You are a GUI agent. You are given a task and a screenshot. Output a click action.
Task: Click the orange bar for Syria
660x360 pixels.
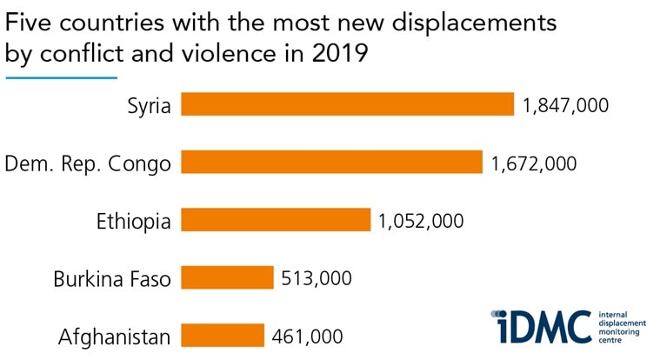point(347,105)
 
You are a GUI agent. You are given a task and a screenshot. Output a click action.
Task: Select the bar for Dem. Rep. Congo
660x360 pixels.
point(331,163)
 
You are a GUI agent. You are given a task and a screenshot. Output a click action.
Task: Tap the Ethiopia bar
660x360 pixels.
point(276,220)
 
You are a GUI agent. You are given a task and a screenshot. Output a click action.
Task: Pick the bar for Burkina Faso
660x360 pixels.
point(227,278)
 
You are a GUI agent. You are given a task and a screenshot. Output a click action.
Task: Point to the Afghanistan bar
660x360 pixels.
point(222,336)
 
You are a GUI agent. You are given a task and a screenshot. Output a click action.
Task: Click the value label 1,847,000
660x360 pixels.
point(564,105)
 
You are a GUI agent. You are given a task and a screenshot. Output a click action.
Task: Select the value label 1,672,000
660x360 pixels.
point(532,163)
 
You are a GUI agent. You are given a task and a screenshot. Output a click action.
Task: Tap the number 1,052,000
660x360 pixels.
point(420,220)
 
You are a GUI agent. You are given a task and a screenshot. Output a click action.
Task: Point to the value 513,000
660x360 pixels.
point(317,278)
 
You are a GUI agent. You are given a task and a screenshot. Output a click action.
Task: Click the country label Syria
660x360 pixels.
point(149,106)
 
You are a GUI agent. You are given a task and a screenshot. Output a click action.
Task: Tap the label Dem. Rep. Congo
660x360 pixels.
point(88,163)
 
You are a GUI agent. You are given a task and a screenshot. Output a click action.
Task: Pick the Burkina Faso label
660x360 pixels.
point(111,279)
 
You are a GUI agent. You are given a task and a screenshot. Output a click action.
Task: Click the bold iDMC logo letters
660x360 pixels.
point(539,327)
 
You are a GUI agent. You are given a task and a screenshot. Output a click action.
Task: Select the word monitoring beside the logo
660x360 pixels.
point(620,333)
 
